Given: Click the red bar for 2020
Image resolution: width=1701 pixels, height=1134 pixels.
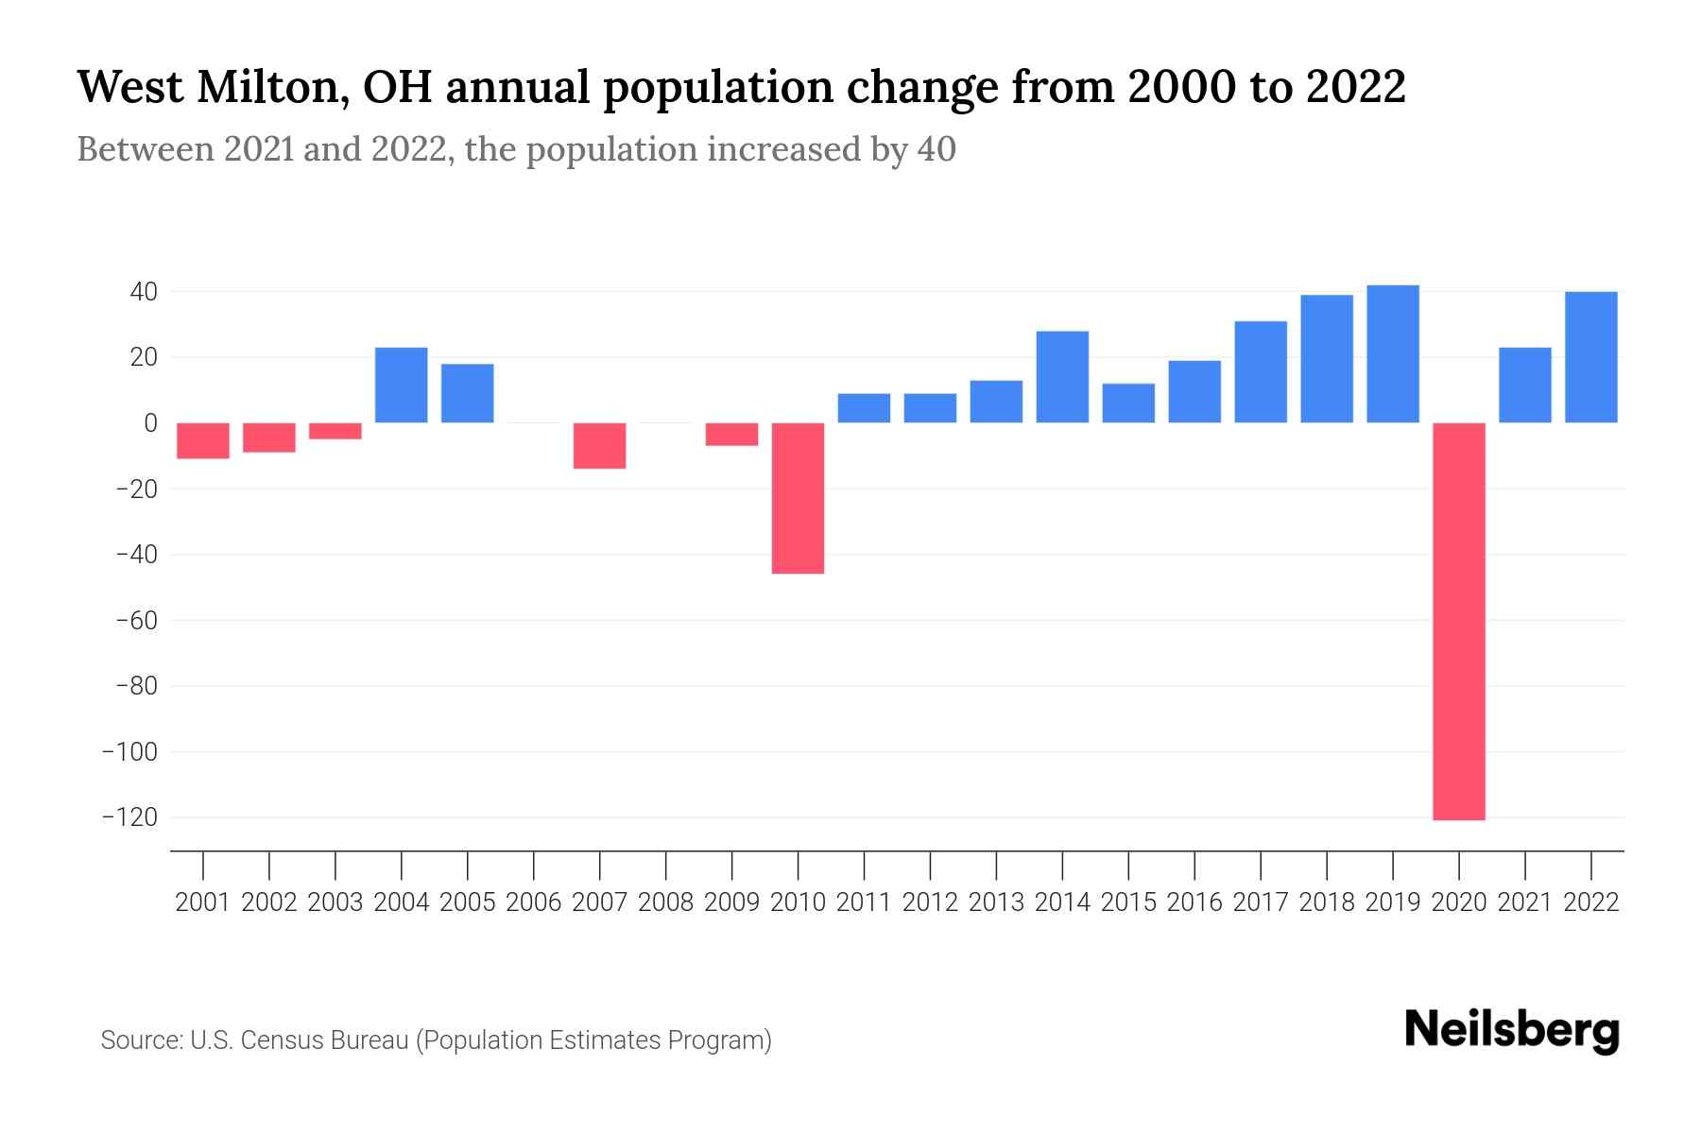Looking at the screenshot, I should tap(1459, 621).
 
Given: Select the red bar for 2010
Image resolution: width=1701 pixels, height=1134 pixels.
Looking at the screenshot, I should tap(798, 498).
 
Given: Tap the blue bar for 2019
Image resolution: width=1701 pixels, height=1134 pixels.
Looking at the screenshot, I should tap(1393, 353).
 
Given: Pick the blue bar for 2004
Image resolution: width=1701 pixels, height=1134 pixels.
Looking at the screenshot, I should tap(402, 385).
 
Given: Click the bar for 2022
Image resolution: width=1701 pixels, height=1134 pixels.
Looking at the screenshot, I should tap(1591, 357).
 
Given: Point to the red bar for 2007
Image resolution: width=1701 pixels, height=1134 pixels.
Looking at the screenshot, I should tap(600, 445).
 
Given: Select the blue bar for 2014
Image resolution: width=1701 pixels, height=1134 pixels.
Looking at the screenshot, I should tap(1062, 376).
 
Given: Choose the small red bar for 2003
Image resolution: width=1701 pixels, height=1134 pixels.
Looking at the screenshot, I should tap(335, 431).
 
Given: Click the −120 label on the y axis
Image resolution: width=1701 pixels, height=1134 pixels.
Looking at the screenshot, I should tap(129, 817).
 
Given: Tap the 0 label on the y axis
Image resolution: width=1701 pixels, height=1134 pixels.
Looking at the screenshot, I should tap(149, 423).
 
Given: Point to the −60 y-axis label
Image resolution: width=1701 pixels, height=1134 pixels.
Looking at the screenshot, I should tap(135, 621).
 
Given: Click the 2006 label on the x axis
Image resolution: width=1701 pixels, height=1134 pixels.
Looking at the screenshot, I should tap(534, 902).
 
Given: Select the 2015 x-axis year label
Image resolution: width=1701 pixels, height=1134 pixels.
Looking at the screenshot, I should tap(1128, 902).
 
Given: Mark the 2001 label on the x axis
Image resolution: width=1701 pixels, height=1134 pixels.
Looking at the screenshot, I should tap(203, 902).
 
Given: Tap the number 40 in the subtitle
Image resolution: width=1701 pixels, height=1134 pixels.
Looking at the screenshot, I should tap(936, 149).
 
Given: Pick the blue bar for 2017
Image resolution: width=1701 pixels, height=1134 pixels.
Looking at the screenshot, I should tap(1261, 371).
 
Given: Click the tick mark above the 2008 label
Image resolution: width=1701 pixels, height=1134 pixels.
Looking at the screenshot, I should tap(666, 864).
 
